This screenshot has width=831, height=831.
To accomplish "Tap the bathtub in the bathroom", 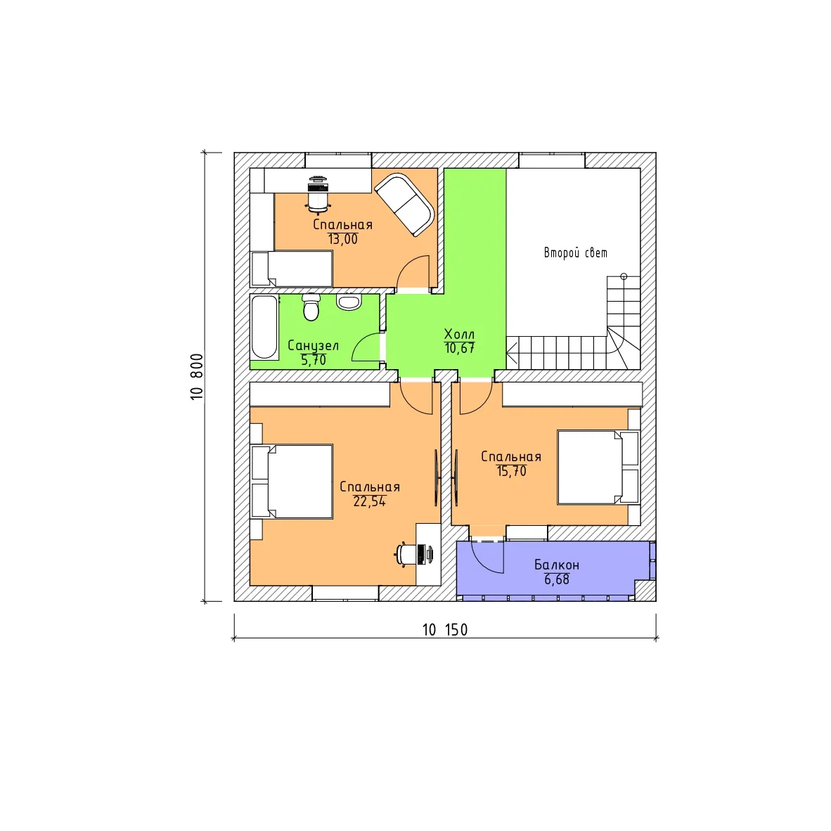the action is (x=264, y=327).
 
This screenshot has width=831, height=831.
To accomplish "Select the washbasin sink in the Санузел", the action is (x=349, y=302).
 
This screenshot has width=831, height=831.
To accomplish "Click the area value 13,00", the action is (x=343, y=239).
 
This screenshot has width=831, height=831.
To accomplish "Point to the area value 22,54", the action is (x=369, y=501).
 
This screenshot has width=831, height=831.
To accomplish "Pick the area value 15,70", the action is (x=511, y=471).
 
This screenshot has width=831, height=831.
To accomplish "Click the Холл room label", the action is (x=459, y=335).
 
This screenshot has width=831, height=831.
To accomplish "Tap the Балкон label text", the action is (x=557, y=565).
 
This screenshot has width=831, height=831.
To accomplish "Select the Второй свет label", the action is (x=576, y=253).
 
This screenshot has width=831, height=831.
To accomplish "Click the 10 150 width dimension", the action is (x=444, y=630).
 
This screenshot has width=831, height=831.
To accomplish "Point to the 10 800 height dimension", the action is (x=197, y=376).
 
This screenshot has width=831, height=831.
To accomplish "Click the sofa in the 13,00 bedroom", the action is (x=404, y=204).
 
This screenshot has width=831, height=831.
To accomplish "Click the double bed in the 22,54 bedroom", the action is (x=292, y=481).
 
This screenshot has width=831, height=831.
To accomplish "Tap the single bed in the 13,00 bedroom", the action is (x=292, y=269).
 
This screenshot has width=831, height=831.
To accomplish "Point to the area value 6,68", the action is (x=557, y=580).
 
